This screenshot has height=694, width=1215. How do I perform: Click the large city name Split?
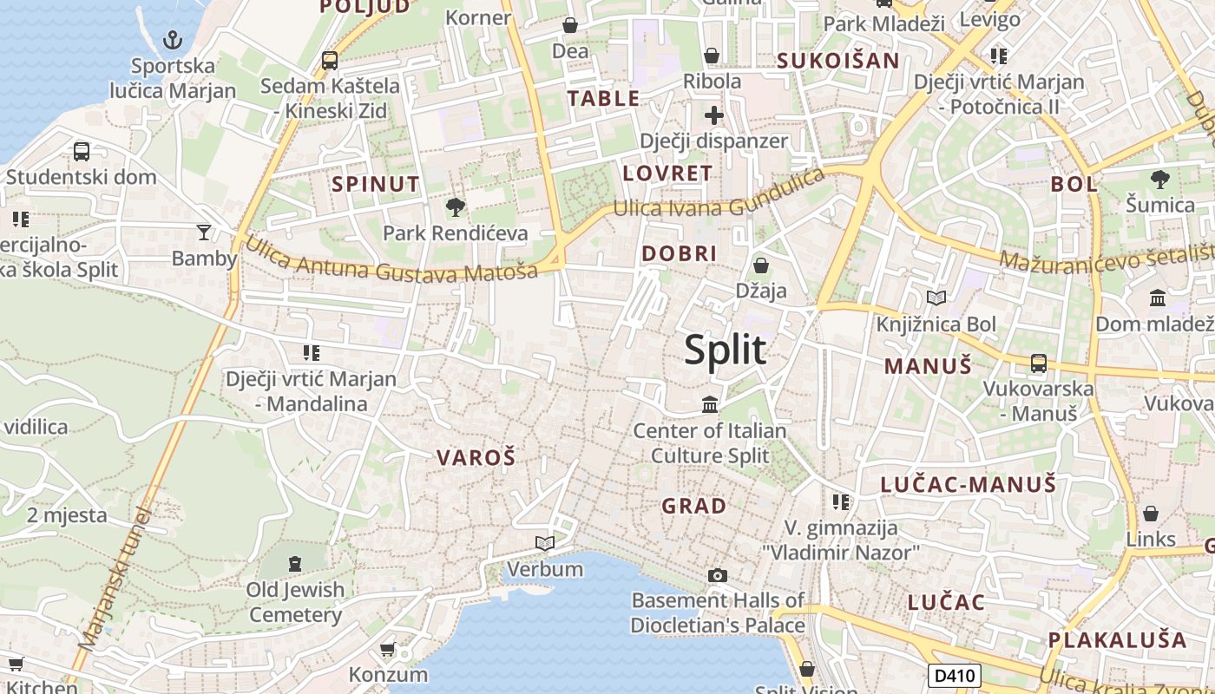pyautogui.click(x=725, y=350)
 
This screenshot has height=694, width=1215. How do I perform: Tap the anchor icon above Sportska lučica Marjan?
pyautogui.click(x=173, y=40)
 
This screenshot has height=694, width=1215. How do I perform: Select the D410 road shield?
pyautogui.click(x=955, y=676)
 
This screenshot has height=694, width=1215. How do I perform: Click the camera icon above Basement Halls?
pyautogui.click(x=717, y=575)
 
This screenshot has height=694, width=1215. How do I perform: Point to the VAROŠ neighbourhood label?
pyautogui.click(x=476, y=458)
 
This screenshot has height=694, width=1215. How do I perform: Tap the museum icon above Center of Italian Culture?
pyautogui.click(x=710, y=405)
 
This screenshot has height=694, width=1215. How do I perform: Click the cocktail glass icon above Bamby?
pyautogui.click(x=204, y=232)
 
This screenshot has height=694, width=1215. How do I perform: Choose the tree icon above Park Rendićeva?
pyautogui.click(x=455, y=207)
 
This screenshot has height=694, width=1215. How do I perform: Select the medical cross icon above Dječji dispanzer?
pyautogui.click(x=713, y=115)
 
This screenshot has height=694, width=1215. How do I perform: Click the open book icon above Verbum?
pyautogui.click(x=545, y=544)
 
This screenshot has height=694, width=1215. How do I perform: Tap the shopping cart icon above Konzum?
pyautogui.click(x=388, y=649)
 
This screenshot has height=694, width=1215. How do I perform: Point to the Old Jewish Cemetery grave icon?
pyautogui.click(x=294, y=564)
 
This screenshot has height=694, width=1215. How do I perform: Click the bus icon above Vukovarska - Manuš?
pyautogui.click(x=1038, y=363)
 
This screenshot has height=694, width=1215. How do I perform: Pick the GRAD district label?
pyautogui.click(x=694, y=506)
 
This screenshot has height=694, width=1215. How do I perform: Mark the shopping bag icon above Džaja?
pyautogui.click(x=761, y=265)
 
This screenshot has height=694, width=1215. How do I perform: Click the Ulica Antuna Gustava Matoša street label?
pyautogui.click(x=391, y=259)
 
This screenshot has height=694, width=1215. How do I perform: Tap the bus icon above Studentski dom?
pyautogui.click(x=82, y=152)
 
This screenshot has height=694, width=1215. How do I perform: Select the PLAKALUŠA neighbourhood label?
pyautogui.click(x=1117, y=640)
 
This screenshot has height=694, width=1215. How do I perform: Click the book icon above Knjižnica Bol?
pyautogui.click(x=936, y=298)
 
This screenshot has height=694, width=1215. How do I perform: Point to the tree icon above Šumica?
pyautogui.click(x=1159, y=180)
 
